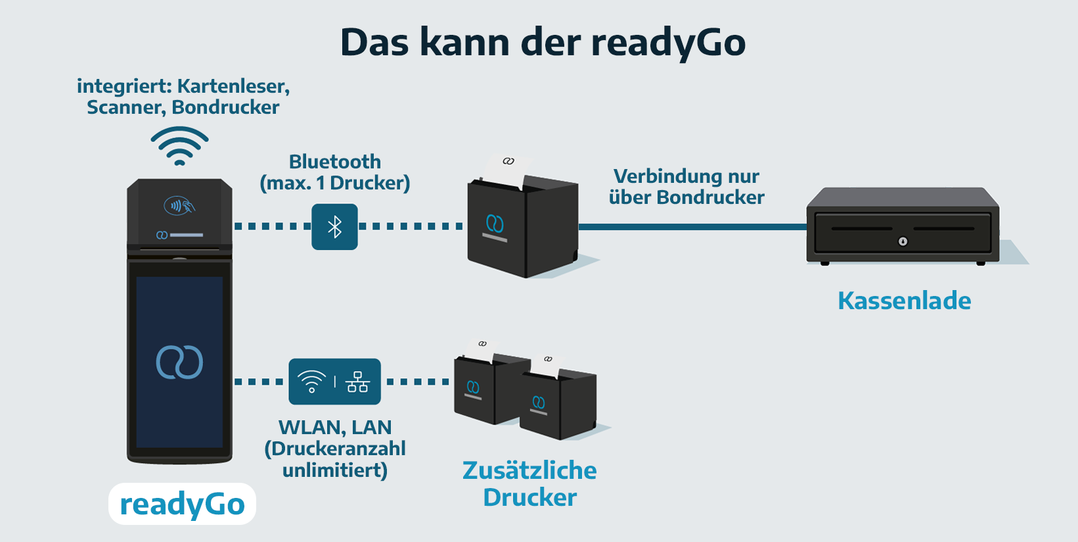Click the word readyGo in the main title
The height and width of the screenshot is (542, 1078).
coord(668,43)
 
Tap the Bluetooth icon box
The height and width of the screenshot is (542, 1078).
coord(334,227)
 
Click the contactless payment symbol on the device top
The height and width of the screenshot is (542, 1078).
coord(179,206)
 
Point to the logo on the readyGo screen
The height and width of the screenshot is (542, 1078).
coord(179,362)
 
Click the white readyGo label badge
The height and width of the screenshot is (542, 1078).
coord(182,504)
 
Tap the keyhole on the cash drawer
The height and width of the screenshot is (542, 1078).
coord(903,241)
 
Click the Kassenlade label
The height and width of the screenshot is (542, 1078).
coord(904,301)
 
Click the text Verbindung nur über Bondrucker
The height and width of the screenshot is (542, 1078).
coord(686,187)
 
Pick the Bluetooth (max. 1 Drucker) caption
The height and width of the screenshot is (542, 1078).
coord(335,172)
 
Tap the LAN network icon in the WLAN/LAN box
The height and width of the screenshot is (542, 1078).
coord(357,382)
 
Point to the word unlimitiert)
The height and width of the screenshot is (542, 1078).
coord(335,470)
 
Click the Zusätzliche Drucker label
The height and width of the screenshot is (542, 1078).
coord(529,483)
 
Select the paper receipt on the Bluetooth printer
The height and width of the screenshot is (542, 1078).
coord(506,170)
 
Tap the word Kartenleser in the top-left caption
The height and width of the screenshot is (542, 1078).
coord(233,86)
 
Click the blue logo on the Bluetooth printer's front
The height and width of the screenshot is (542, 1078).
coord(495,224)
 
